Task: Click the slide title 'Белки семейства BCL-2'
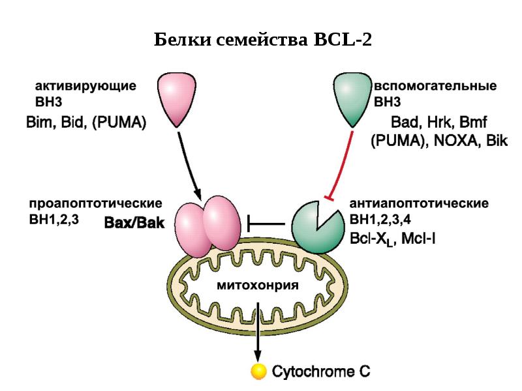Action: click(263, 40)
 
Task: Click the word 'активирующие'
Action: click(85, 85)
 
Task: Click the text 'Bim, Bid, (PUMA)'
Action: click(85, 122)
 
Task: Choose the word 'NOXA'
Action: click(452, 141)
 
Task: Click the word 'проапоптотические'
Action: click(96, 203)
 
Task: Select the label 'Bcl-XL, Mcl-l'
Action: click(393, 239)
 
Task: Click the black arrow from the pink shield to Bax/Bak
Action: click(189, 163)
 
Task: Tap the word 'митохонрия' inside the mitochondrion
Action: click(257, 285)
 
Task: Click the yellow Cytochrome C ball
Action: click(259, 372)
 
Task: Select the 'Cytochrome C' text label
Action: click(320, 372)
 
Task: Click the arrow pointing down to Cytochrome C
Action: click(259, 332)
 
